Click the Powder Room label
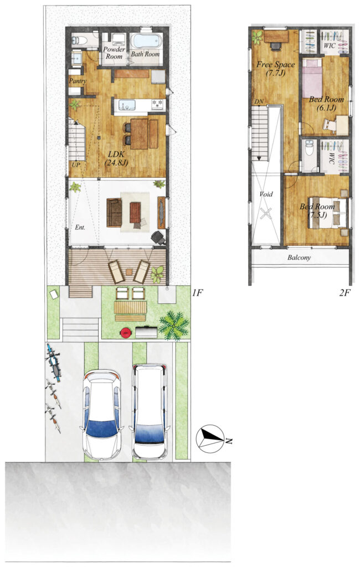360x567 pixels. (114, 53)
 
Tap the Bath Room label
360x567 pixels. (145, 54)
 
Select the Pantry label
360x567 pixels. (77, 81)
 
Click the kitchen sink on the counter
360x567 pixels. (125, 105)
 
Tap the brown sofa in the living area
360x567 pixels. (114, 213)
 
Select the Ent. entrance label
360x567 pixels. (80, 228)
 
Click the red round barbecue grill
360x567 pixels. (126, 332)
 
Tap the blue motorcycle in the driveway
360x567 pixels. (53, 363)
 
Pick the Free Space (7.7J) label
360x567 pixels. (276, 69)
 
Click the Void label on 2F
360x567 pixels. (266, 194)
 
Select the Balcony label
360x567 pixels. (299, 258)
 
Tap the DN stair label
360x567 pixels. (259, 102)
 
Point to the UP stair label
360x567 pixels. (76, 165)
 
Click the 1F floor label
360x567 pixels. (198, 293)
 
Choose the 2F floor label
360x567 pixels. (345, 293)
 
